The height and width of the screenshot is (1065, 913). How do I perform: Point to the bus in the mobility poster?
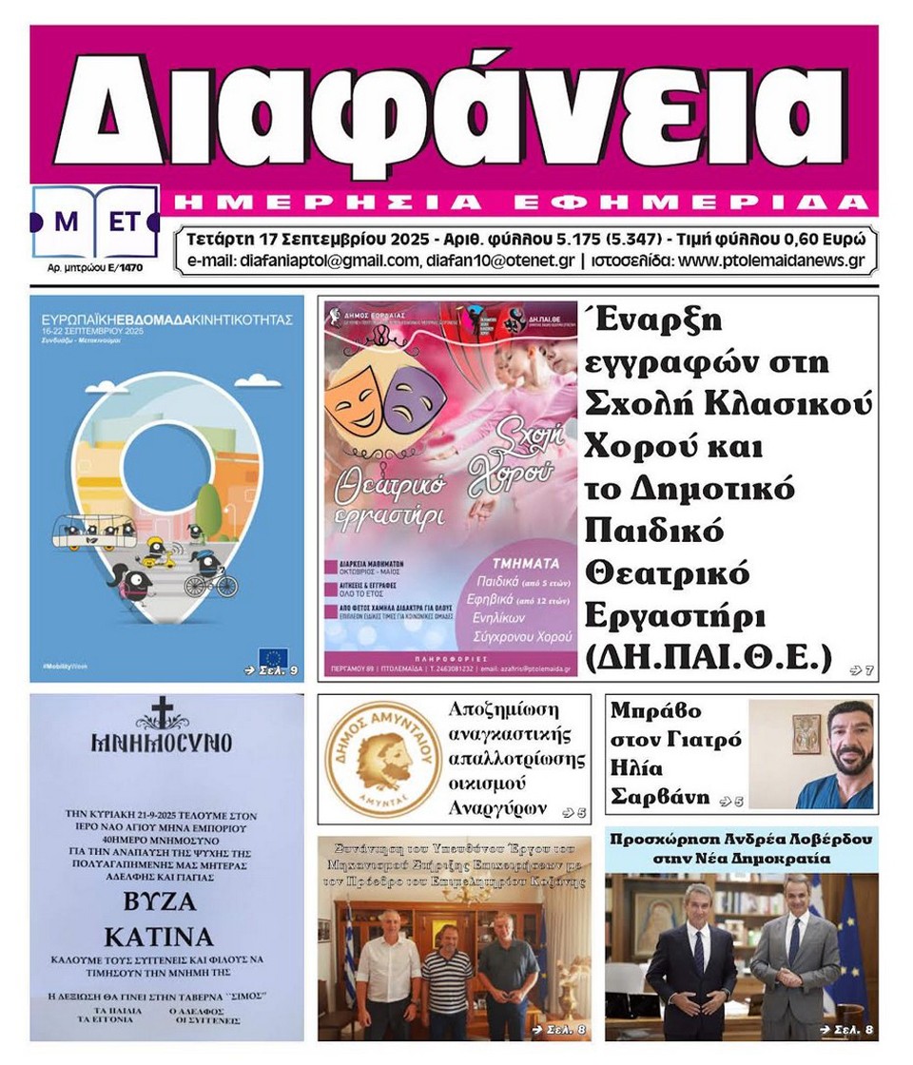(92, 532)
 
